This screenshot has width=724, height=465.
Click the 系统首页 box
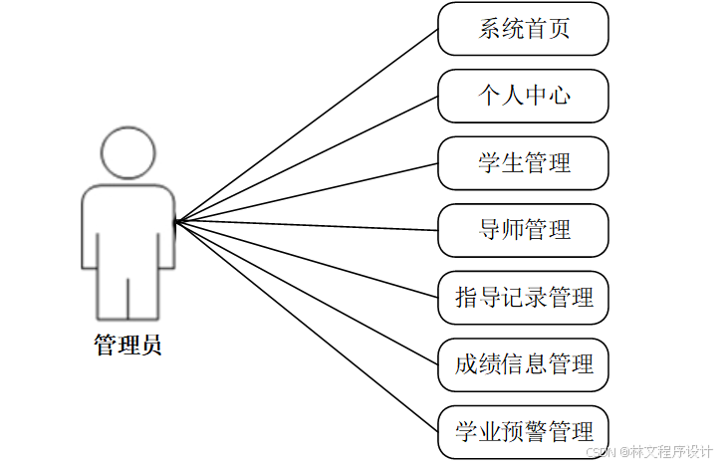pyautogui.click(x=523, y=29)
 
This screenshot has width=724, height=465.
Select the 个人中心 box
pyautogui.click(x=523, y=96)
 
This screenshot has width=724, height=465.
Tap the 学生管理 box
pyautogui.click(x=523, y=163)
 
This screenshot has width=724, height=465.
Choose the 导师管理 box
pyautogui.click(x=523, y=230)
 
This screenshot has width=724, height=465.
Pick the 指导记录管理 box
pyautogui.click(x=523, y=298)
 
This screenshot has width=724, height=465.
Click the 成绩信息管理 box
pyautogui.click(x=523, y=364)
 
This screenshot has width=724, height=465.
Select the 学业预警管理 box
pyautogui.click(x=523, y=432)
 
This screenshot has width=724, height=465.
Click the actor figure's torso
pyautogui.click(x=128, y=224)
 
